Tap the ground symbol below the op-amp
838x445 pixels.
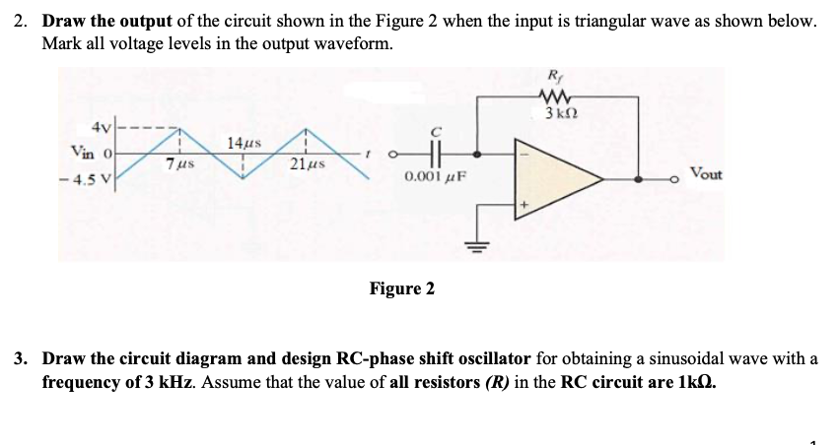pyautogui.click(x=482, y=247)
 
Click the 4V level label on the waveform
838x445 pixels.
pyautogui.click(x=101, y=129)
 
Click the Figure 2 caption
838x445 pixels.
pyautogui.click(x=401, y=288)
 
